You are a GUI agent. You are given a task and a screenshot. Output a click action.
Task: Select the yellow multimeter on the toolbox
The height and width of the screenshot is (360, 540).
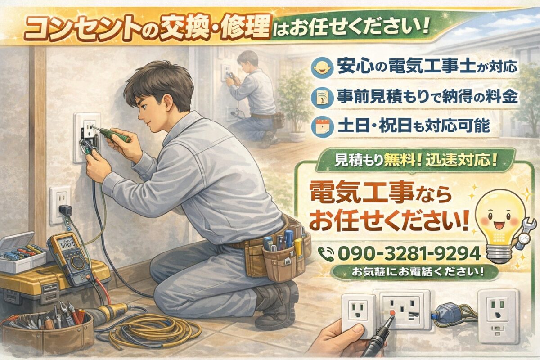[68, 257]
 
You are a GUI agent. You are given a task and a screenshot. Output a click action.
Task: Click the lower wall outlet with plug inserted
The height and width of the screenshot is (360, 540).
[61, 205]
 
